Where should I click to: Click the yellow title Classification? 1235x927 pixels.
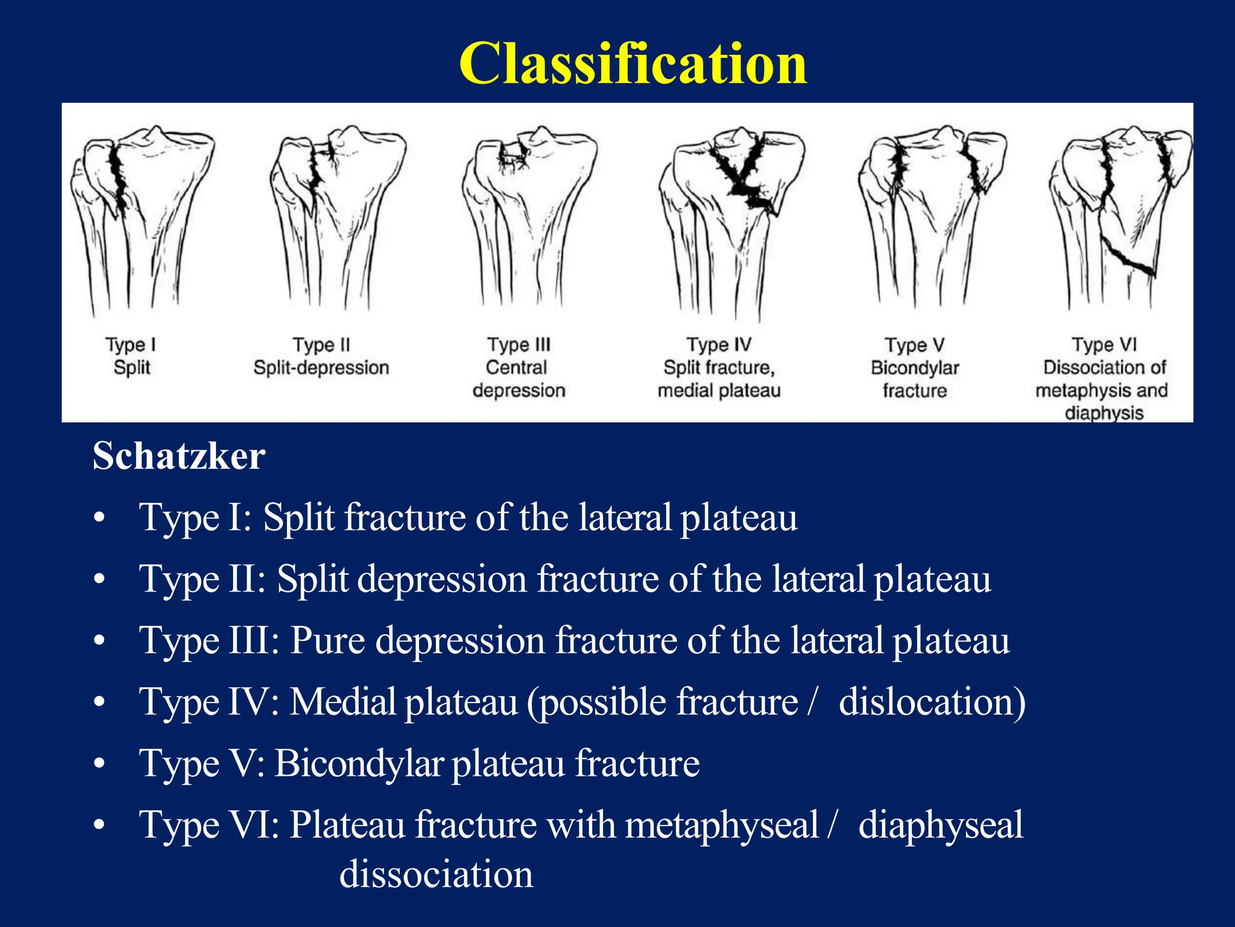633,65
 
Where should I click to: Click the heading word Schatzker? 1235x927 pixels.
178,456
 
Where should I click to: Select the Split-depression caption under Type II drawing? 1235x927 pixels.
321,368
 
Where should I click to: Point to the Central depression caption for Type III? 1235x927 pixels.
519,379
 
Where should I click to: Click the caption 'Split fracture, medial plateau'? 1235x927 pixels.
719,379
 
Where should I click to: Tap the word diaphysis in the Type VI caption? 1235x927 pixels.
1104,413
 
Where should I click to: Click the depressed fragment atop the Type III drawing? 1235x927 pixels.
513,153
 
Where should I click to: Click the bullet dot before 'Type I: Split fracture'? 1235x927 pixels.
100,518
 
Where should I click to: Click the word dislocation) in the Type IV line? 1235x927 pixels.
932,702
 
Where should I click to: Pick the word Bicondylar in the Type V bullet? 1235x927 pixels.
359,763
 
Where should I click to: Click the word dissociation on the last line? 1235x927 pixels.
436,874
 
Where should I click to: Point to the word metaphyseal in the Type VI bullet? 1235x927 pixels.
721,825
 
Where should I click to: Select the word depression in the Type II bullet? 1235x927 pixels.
441,580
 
